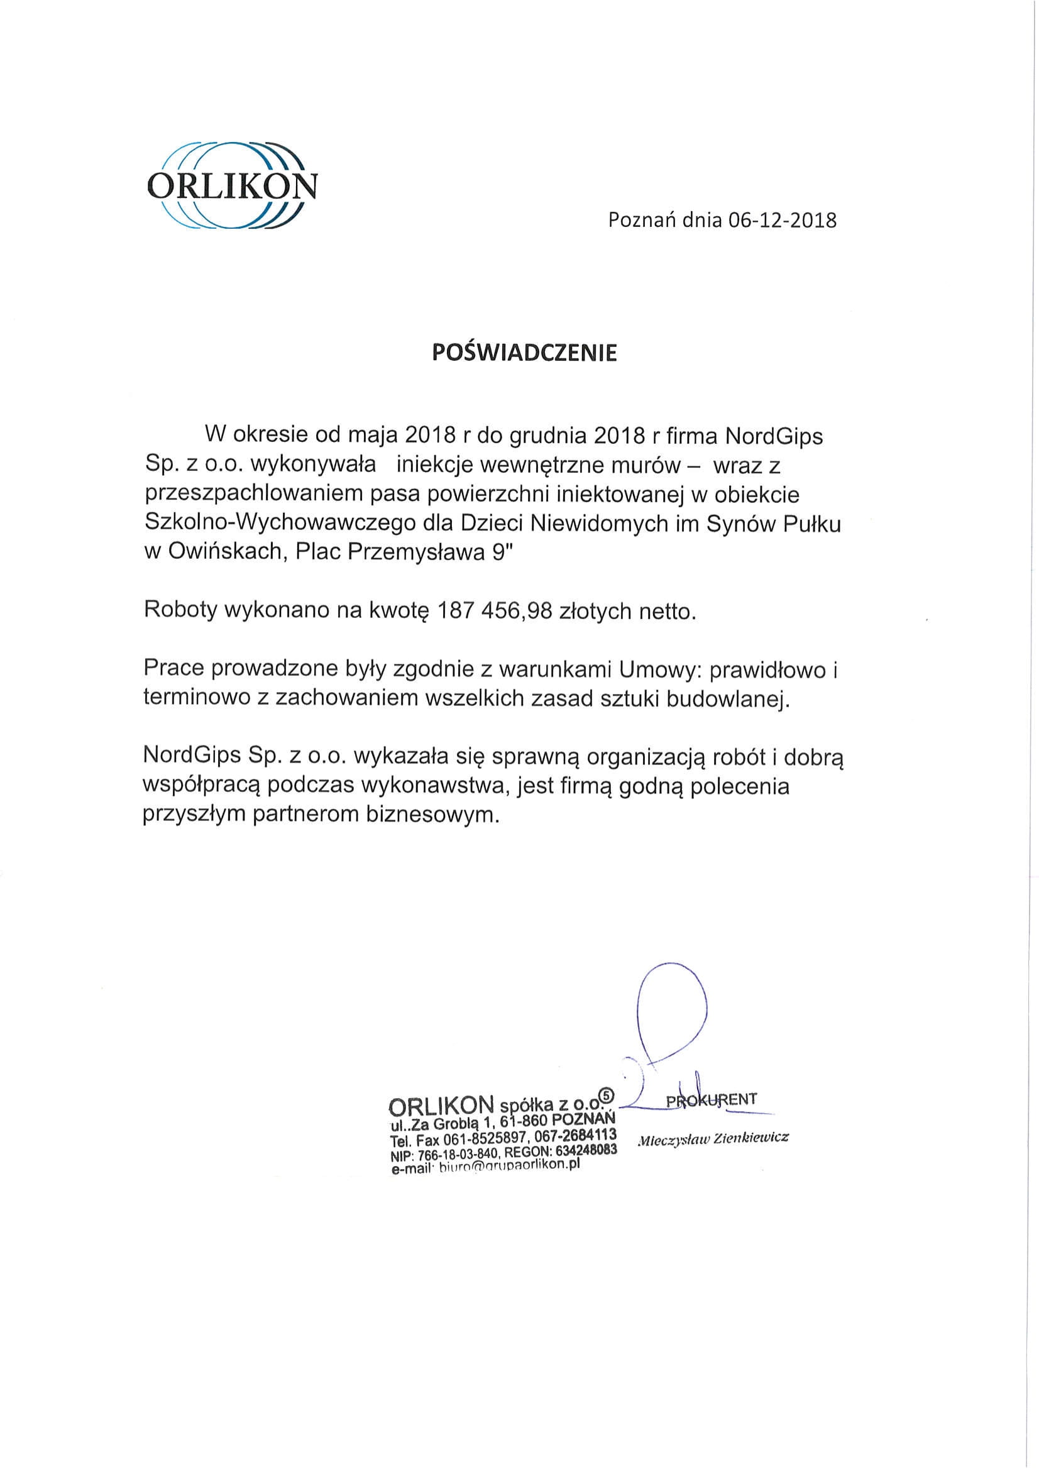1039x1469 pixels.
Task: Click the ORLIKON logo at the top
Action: [231, 185]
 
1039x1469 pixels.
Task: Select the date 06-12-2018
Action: [782, 221]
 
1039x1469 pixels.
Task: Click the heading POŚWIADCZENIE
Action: [525, 353]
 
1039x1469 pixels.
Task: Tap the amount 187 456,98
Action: [494, 611]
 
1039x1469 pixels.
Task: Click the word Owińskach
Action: [224, 551]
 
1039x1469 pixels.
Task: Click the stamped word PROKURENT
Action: [712, 1099]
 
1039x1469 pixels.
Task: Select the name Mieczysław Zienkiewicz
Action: [713, 1138]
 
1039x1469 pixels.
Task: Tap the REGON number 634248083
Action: [585, 1150]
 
